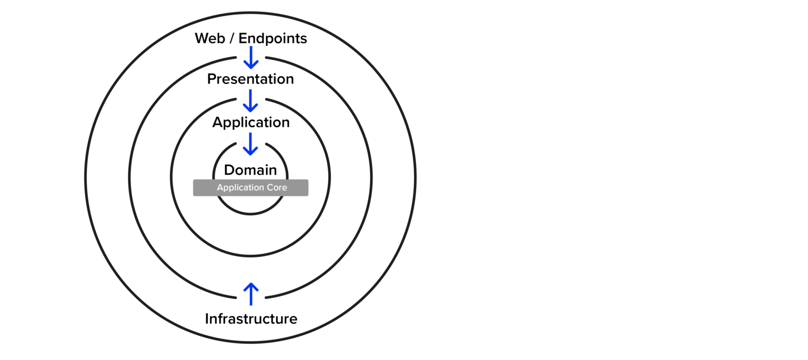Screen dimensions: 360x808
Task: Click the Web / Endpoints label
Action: tap(250, 38)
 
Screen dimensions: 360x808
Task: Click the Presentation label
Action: tap(250, 79)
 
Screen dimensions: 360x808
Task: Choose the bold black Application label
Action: tap(251, 123)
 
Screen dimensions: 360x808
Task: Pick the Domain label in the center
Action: tap(250, 170)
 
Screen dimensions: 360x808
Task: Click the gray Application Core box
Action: tap(250, 188)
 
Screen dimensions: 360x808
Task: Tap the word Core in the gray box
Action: tap(276, 188)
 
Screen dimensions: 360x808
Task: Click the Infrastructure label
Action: tap(251, 319)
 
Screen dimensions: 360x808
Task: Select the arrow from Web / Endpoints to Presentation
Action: tap(251, 57)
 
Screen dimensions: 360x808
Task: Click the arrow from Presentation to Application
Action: tap(251, 101)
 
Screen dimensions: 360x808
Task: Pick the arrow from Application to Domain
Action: tap(251, 144)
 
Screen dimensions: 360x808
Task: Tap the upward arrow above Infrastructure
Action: tap(251, 294)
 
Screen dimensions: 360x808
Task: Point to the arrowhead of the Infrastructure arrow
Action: tap(251, 286)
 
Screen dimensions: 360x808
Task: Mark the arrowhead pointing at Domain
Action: tap(251, 152)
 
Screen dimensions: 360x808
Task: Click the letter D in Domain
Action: tap(229, 170)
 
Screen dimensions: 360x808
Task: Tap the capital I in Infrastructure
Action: tap(207, 319)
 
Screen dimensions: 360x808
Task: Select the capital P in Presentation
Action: tap(212, 79)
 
